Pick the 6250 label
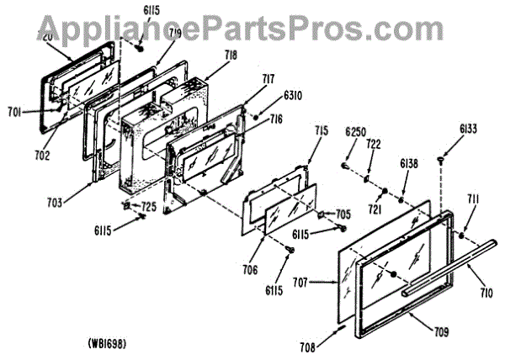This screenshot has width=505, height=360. [356, 132]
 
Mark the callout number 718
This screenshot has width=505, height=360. [230, 56]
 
